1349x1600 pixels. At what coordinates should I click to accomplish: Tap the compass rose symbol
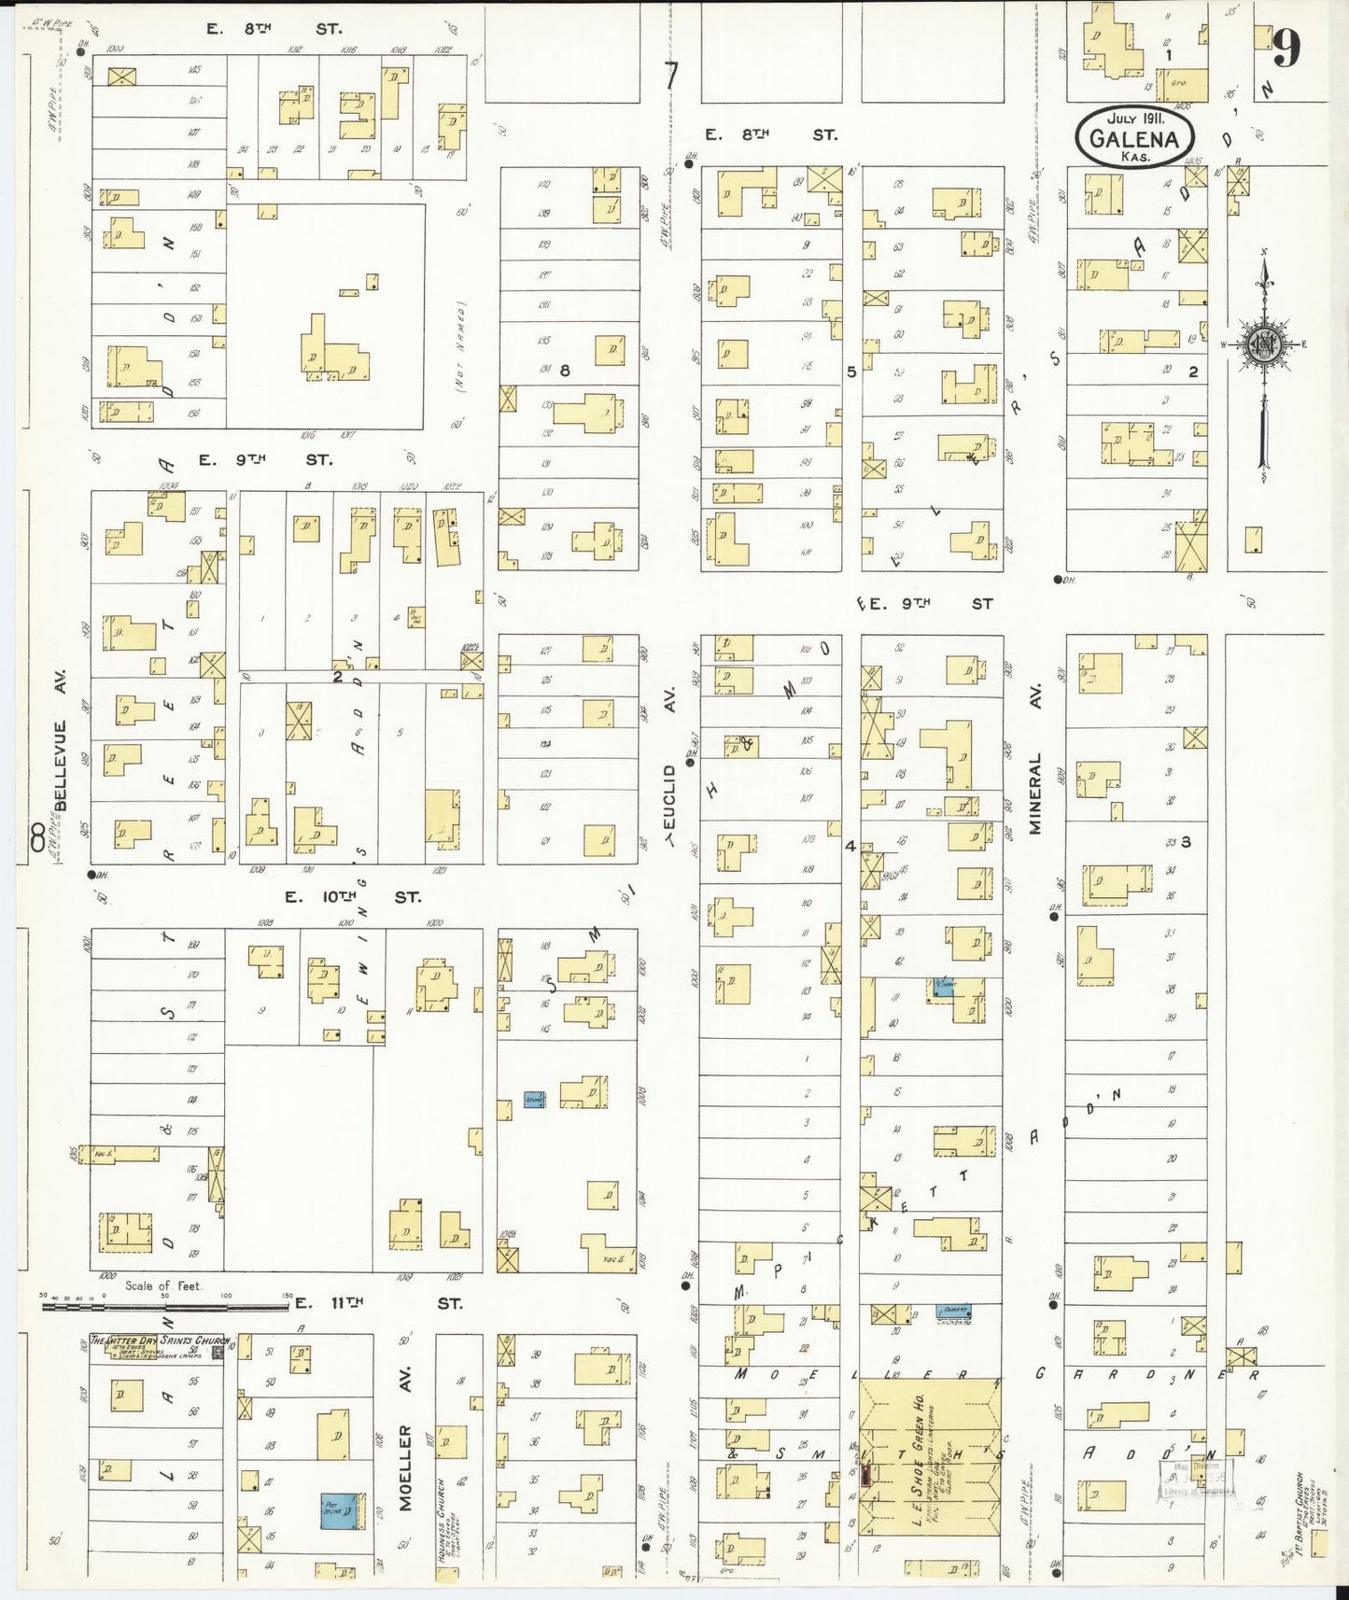1263,344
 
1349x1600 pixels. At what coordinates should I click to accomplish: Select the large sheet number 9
1286,48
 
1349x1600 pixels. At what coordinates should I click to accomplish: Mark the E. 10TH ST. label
352,897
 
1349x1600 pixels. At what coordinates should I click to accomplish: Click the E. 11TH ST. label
392,1302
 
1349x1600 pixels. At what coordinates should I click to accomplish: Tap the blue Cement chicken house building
953,1311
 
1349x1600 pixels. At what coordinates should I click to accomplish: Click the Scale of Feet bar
166,1303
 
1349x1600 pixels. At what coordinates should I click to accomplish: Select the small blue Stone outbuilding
534,1101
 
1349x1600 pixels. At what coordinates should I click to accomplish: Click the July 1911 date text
1135,119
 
